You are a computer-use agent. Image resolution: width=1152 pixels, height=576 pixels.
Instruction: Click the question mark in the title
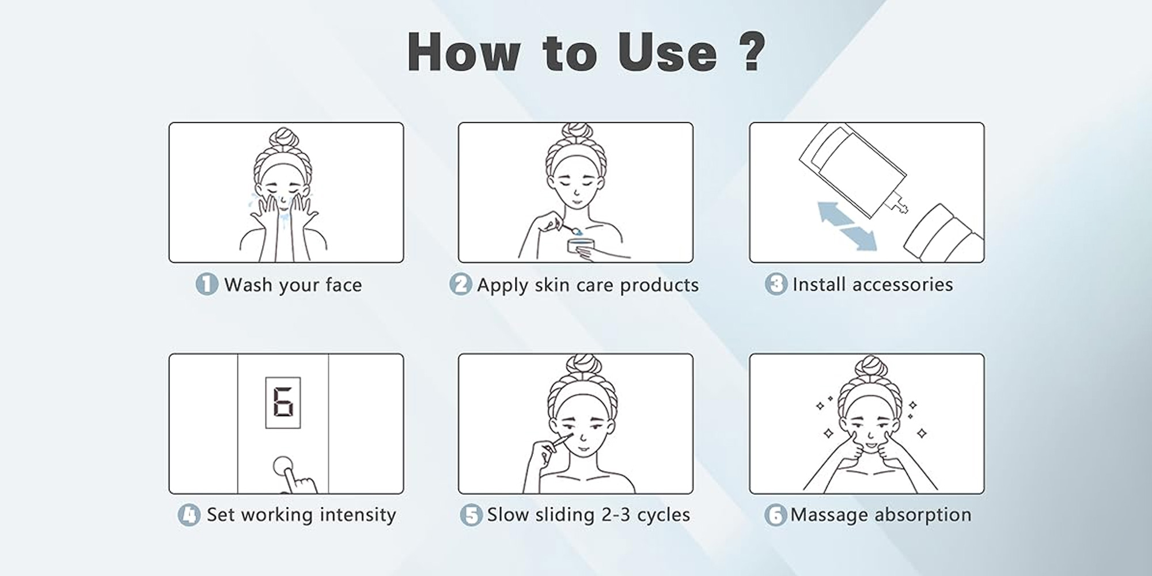pyautogui.click(x=752, y=52)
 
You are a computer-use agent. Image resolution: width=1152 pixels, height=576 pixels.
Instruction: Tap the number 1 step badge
pyautogui.click(x=206, y=284)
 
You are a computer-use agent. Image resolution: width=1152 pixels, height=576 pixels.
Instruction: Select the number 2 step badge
pyautogui.click(x=460, y=284)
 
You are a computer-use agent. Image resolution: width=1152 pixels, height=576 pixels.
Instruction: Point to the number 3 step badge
pyautogui.click(x=775, y=284)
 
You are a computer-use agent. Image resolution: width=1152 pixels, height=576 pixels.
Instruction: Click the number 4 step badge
pyautogui.click(x=188, y=515)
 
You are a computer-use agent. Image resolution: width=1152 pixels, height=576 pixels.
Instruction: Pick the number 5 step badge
pyautogui.click(x=471, y=515)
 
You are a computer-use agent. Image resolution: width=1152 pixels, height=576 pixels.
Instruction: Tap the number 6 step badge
pyautogui.click(x=775, y=515)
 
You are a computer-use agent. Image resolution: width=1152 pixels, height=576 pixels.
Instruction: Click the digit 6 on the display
pyautogui.click(x=283, y=403)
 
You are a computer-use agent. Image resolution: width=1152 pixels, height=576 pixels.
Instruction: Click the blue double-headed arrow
pyautogui.click(x=847, y=226)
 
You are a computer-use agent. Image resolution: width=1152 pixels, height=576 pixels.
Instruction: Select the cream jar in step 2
pyautogui.click(x=580, y=246)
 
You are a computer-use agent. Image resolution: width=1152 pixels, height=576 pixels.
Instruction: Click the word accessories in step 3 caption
pyautogui.click(x=902, y=285)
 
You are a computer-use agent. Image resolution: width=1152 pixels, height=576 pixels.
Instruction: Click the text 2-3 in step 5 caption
pyautogui.click(x=616, y=514)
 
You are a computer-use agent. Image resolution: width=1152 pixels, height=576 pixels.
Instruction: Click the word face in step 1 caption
pyautogui.click(x=343, y=285)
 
